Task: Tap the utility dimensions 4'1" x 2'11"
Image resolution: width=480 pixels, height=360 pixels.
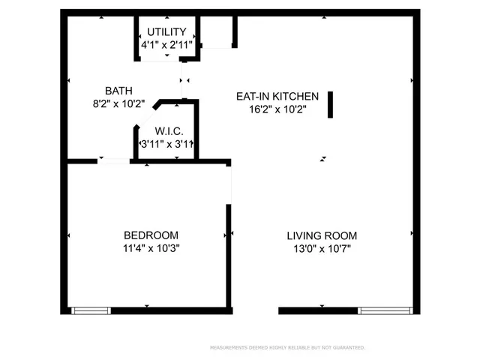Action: (x=167, y=46)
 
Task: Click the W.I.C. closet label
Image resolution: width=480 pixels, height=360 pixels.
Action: (x=169, y=131)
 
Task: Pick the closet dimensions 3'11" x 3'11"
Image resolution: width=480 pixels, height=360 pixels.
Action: (x=167, y=144)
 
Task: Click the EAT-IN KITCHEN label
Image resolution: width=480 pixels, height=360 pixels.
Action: (x=277, y=96)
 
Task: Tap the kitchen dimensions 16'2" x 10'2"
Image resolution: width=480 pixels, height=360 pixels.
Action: (x=277, y=109)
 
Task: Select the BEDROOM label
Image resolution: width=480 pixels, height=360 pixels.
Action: (x=151, y=235)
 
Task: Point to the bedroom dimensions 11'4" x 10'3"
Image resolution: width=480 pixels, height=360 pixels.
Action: (x=151, y=248)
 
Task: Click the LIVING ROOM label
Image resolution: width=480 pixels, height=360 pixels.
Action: (x=322, y=235)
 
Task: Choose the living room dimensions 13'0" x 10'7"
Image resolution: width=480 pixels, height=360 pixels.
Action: (x=322, y=248)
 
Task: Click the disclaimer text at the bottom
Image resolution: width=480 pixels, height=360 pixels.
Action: (x=287, y=348)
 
